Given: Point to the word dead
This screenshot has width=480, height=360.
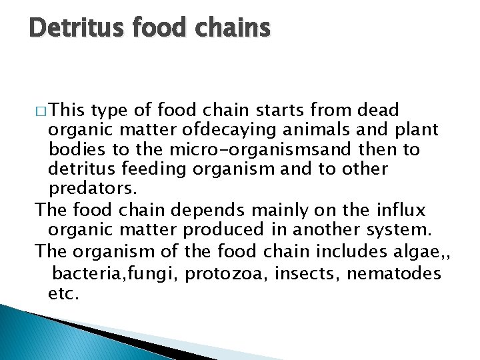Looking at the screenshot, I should [x=378, y=110].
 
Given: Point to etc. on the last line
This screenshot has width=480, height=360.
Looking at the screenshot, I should [x=64, y=293].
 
